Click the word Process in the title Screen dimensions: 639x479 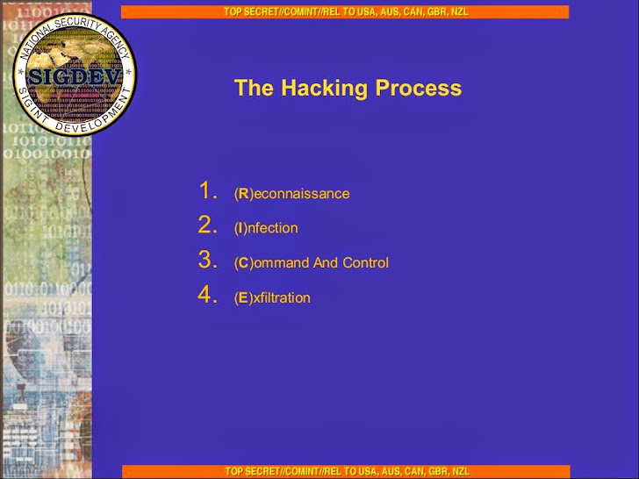[x=419, y=88]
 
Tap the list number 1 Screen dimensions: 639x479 [x=208, y=190]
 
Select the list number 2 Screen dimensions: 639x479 [x=208, y=225]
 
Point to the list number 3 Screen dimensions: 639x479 [x=208, y=260]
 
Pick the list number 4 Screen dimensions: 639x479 [x=208, y=295]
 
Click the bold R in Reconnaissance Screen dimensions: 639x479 [x=244, y=194]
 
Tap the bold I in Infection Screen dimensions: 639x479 [x=241, y=228]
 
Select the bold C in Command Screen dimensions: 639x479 [x=244, y=262]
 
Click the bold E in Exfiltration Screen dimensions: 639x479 [x=243, y=297]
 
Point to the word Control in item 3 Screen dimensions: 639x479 [x=365, y=262]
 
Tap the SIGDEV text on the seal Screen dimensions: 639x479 [x=75, y=75]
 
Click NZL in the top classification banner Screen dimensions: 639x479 [x=460, y=11]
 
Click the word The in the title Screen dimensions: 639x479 [x=254, y=88]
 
